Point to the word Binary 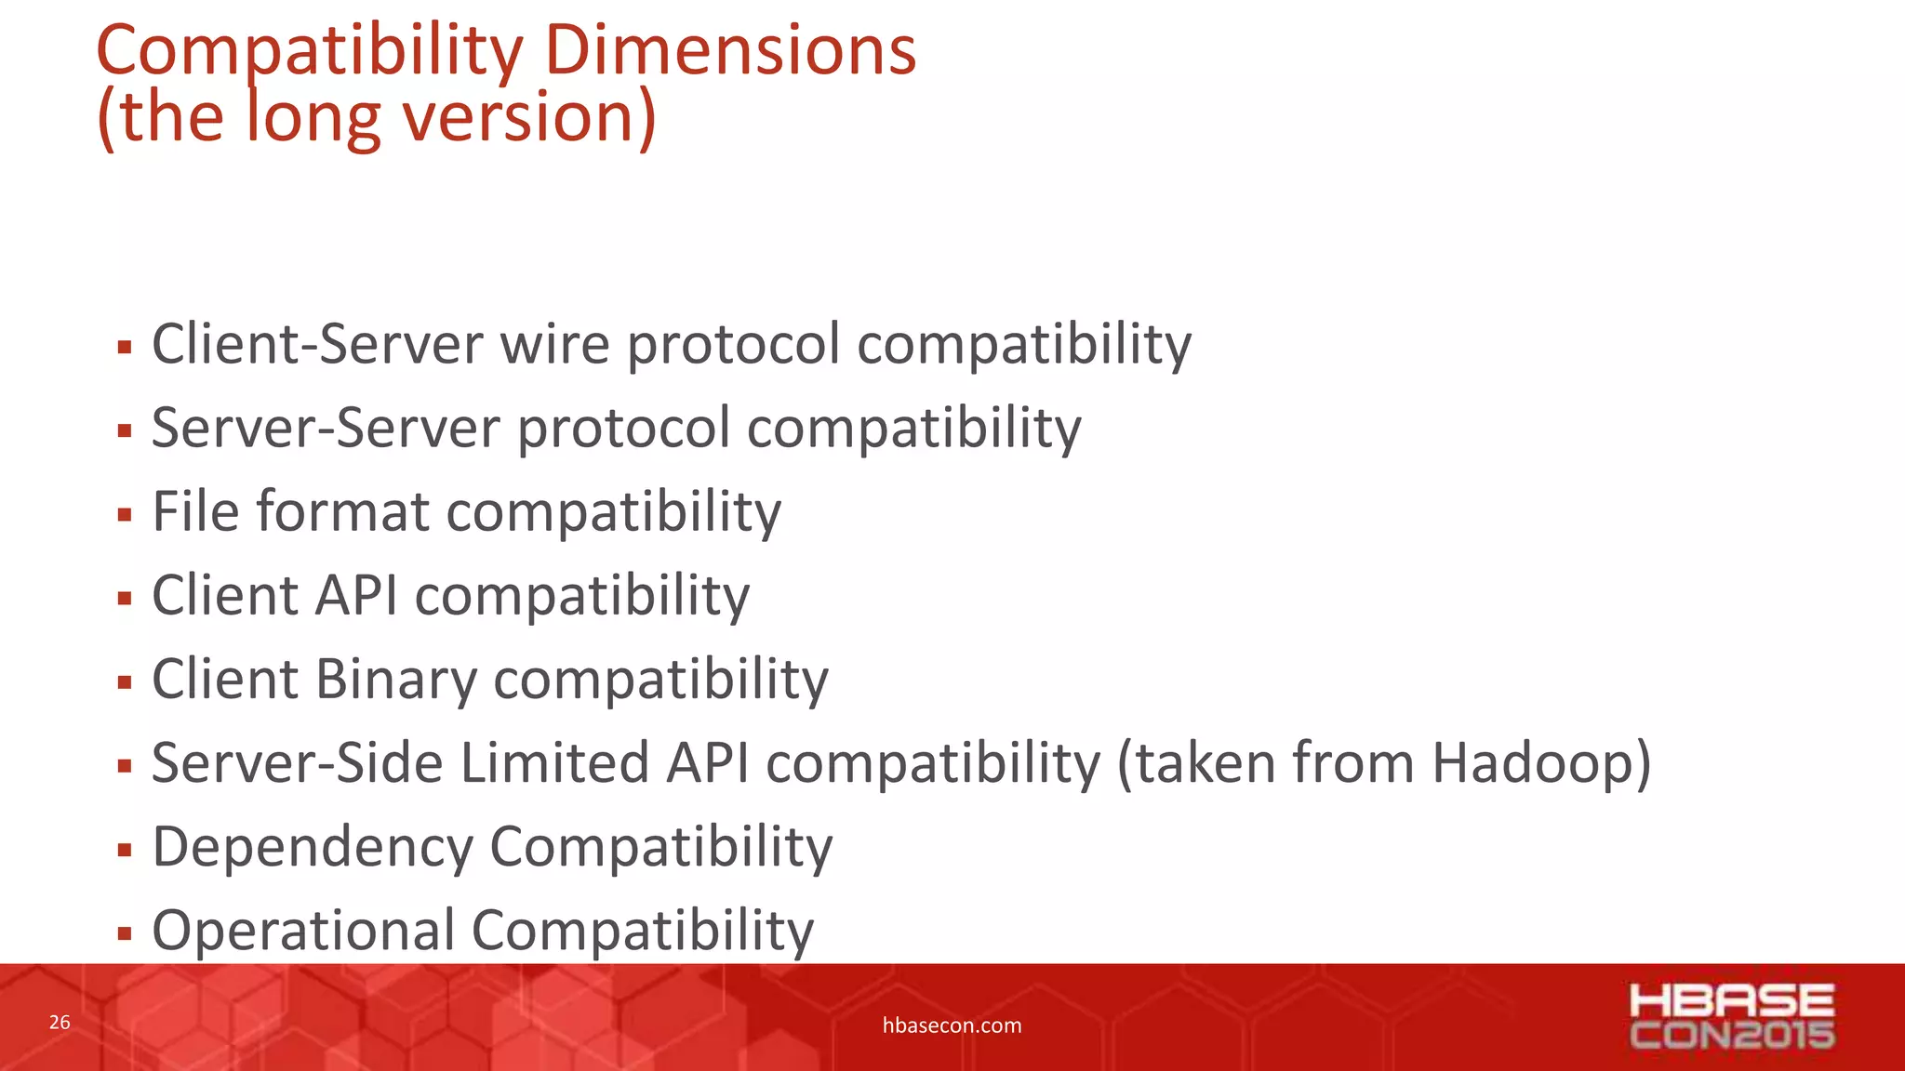coord(395,680)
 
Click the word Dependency coord(313,848)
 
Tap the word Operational coord(303,931)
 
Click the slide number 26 coord(60,1023)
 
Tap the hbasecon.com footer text coord(952,1025)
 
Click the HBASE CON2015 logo coord(1731,1016)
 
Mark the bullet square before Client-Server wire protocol coord(125,349)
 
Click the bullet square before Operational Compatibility coord(125,933)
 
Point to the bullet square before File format coord(125,515)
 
